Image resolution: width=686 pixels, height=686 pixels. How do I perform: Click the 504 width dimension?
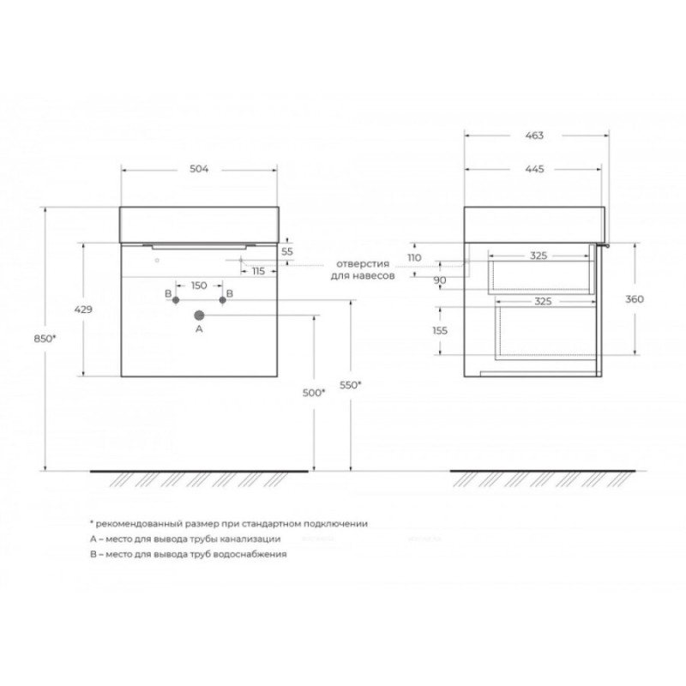click(199, 169)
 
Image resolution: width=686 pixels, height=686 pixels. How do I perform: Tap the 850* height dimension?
click(45, 338)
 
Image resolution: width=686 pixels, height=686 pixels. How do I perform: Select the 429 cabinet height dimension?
click(83, 310)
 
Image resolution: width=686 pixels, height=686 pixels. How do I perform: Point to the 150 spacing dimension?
click(199, 286)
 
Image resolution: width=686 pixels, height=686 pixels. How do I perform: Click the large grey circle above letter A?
click(199, 315)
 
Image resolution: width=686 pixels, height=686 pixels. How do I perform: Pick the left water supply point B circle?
click(176, 300)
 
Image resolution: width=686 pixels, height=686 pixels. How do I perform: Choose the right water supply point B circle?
click(223, 300)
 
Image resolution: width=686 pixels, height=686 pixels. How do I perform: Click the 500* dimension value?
click(314, 393)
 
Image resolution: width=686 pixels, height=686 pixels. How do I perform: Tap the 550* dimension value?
click(351, 385)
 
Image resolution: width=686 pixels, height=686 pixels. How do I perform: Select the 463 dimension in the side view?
click(534, 135)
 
